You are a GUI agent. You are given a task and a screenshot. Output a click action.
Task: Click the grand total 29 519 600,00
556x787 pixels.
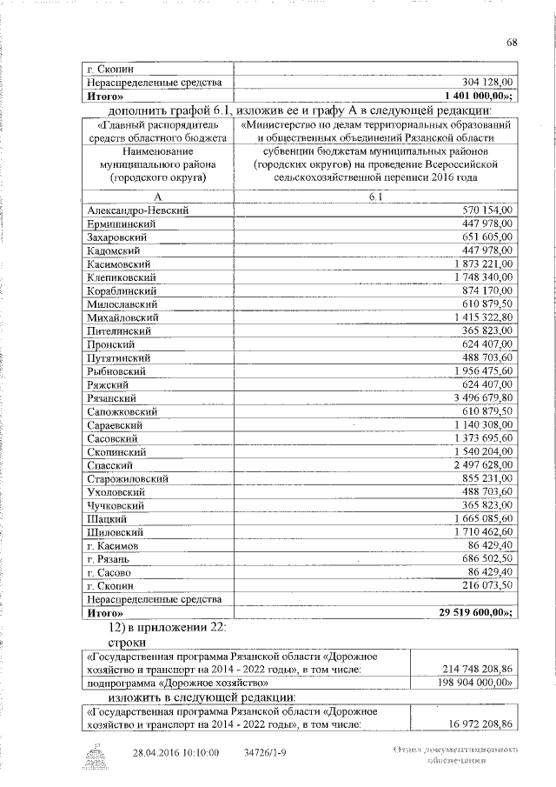coord(477,613)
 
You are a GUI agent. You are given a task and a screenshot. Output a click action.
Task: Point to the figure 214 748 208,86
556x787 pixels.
coord(476,668)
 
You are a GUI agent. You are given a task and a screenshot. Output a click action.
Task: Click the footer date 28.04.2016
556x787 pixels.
coord(157,753)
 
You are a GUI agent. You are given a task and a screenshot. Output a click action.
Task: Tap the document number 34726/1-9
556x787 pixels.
coord(268,753)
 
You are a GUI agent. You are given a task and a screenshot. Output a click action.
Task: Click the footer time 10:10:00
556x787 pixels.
coord(201,753)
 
